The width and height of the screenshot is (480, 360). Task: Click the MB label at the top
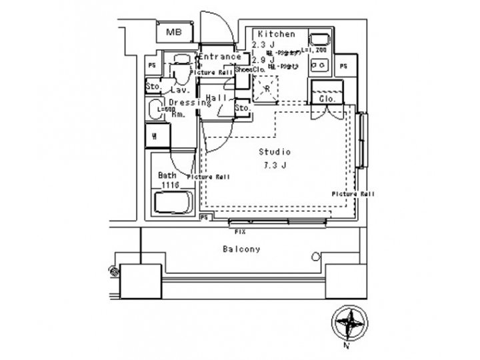(174, 32)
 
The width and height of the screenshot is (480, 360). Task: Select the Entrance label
(219, 57)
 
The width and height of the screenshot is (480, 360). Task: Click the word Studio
(275, 152)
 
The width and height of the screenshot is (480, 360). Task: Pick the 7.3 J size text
(273, 165)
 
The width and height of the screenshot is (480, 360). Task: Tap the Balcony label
(241, 249)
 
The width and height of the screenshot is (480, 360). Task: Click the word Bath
(167, 175)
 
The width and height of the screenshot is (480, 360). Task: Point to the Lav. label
(179, 89)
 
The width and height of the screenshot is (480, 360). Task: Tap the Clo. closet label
(327, 99)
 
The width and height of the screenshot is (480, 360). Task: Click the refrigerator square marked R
(267, 89)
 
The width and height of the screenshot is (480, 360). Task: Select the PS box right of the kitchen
(343, 66)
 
